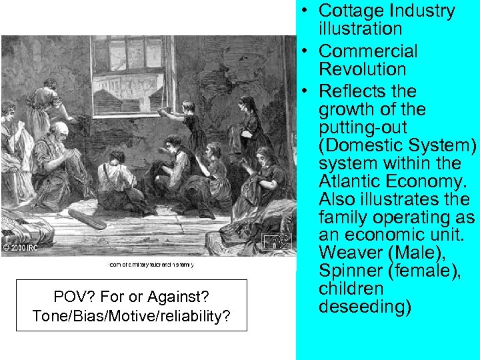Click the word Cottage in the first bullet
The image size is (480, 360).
point(351,11)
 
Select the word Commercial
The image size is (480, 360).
point(368,51)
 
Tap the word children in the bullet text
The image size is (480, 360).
point(351,289)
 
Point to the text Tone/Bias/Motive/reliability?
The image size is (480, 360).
point(131,315)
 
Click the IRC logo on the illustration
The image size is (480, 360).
point(275,242)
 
